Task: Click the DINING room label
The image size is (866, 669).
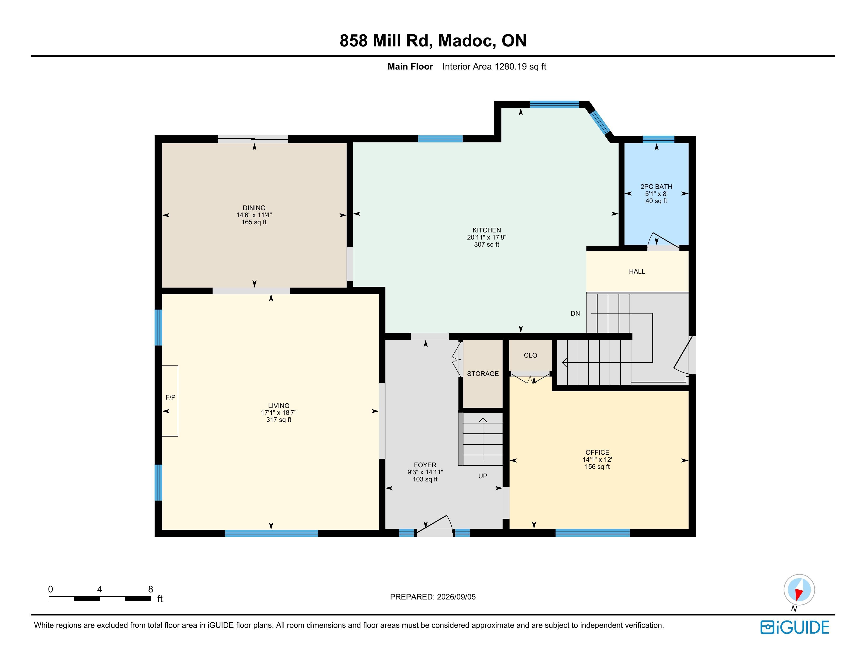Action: tap(254, 208)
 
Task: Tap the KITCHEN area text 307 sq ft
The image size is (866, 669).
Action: tap(487, 245)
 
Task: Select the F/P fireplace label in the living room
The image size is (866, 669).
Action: tap(171, 397)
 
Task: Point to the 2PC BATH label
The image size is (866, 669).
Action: tap(656, 187)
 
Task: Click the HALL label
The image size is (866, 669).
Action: tap(637, 272)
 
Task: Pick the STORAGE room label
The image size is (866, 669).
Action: tap(483, 374)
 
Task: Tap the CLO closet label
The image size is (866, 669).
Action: tap(531, 355)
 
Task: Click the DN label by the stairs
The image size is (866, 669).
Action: tap(575, 314)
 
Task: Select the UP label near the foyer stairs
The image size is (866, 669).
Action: tap(483, 476)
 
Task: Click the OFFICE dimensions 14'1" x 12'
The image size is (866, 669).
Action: tap(597, 460)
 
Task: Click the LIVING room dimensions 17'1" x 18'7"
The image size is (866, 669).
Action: tap(279, 413)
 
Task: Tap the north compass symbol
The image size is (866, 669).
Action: tap(799, 590)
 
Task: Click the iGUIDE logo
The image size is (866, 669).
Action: tap(795, 627)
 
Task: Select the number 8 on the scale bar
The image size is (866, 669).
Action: tap(151, 589)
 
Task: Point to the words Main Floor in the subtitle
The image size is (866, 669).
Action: tap(410, 67)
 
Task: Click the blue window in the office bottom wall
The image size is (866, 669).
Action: tap(592, 533)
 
